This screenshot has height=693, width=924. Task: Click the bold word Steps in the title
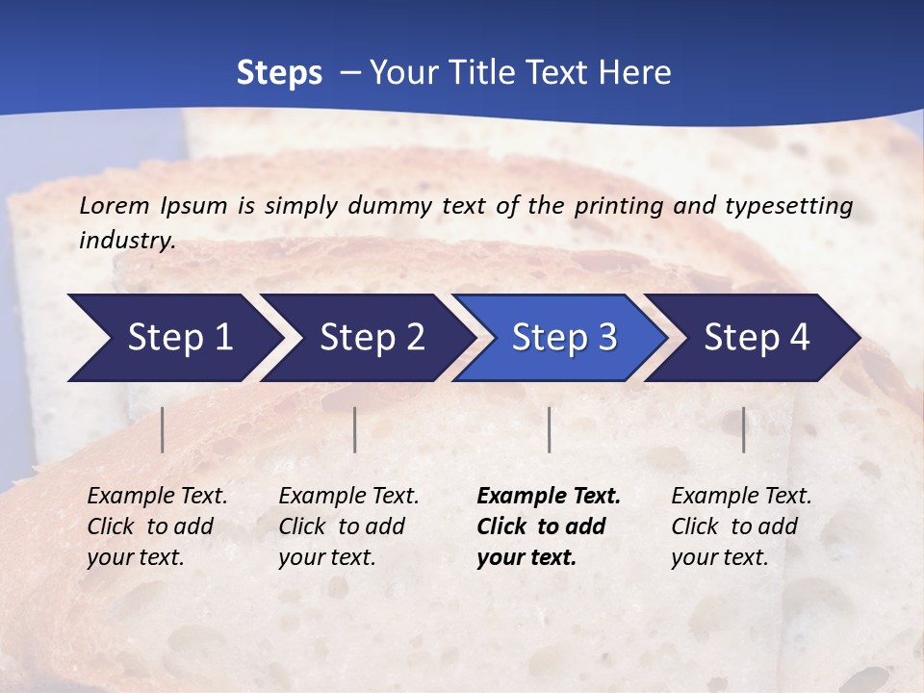pos(279,73)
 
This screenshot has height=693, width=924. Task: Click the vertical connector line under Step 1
pos(163,429)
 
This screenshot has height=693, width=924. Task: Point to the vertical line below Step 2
pos(355,429)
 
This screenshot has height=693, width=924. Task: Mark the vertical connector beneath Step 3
pos(550,429)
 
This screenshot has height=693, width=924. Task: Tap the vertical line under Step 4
pos(744,429)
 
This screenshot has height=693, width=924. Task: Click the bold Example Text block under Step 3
pos(549,526)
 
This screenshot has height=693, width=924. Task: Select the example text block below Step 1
pos(157,526)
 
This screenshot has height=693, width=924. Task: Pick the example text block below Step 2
pos(348,526)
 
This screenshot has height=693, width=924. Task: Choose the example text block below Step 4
pos(741,526)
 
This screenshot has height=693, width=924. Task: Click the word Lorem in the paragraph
pos(115,205)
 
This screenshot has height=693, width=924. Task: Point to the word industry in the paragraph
pos(127,240)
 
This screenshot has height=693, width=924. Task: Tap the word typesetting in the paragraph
pos(790,205)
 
